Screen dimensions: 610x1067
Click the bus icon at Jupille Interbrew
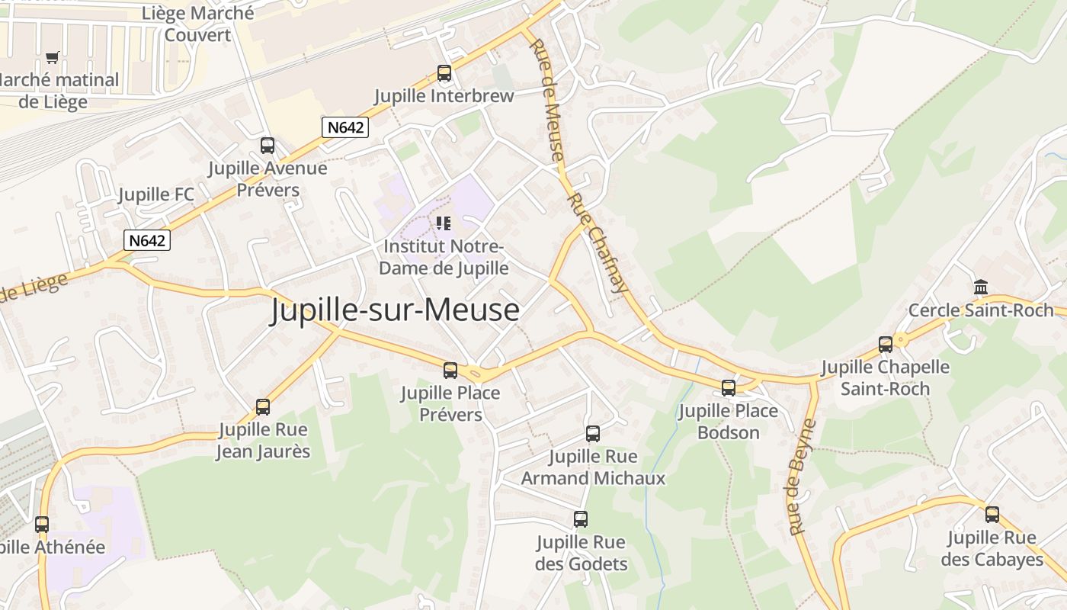[x=444, y=73]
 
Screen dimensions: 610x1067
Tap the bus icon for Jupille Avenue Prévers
[x=268, y=145]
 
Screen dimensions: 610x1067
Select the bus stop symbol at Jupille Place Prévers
[x=450, y=370]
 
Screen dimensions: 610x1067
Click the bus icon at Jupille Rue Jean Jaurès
[x=263, y=406]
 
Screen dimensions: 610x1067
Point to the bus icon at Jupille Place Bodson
[x=729, y=387]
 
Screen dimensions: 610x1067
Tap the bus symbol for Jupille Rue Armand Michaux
[x=593, y=433]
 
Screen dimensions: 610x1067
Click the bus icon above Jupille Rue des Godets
[x=581, y=518]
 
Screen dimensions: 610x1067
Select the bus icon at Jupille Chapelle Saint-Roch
[x=886, y=344]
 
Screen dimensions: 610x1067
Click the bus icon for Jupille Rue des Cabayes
[x=992, y=514]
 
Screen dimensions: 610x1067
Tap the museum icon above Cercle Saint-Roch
[x=981, y=287]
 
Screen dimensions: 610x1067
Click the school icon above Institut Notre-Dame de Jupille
[x=444, y=223]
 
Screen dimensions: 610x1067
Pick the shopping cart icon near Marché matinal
[x=53, y=57]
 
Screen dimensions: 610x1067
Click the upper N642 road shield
[x=345, y=127]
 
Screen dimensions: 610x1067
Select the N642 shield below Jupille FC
[x=147, y=240]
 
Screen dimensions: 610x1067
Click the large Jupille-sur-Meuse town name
[x=395, y=310]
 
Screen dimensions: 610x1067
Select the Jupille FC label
[x=156, y=194]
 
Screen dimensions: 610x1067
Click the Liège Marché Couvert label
[x=197, y=24]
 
